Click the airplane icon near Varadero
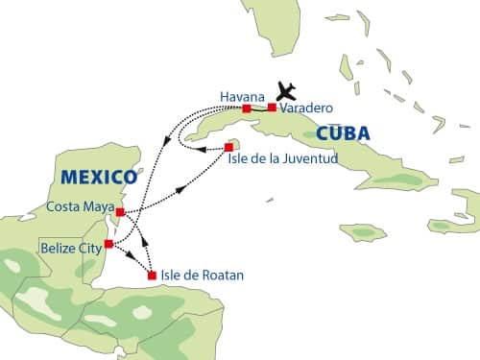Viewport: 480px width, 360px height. [285, 91]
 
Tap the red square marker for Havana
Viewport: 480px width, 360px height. [247, 108]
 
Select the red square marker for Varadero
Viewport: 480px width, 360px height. [272, 108]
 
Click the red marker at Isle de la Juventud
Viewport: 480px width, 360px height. [228, 147]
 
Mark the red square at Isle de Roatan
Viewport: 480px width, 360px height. [152, 276]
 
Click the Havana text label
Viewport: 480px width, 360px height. [239, 97]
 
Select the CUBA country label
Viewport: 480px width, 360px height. [344, 132]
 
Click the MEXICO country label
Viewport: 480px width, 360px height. [97, 178]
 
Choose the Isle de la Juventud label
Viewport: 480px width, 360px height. [283, 157]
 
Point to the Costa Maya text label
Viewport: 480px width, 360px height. [80, 207]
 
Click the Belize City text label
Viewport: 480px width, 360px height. [69, 248]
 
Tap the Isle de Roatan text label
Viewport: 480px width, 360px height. [204, 276]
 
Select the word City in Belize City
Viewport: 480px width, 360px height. [88, 248]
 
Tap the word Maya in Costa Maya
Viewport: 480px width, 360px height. [98, 207]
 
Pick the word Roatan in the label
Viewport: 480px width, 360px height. [223, 276]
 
